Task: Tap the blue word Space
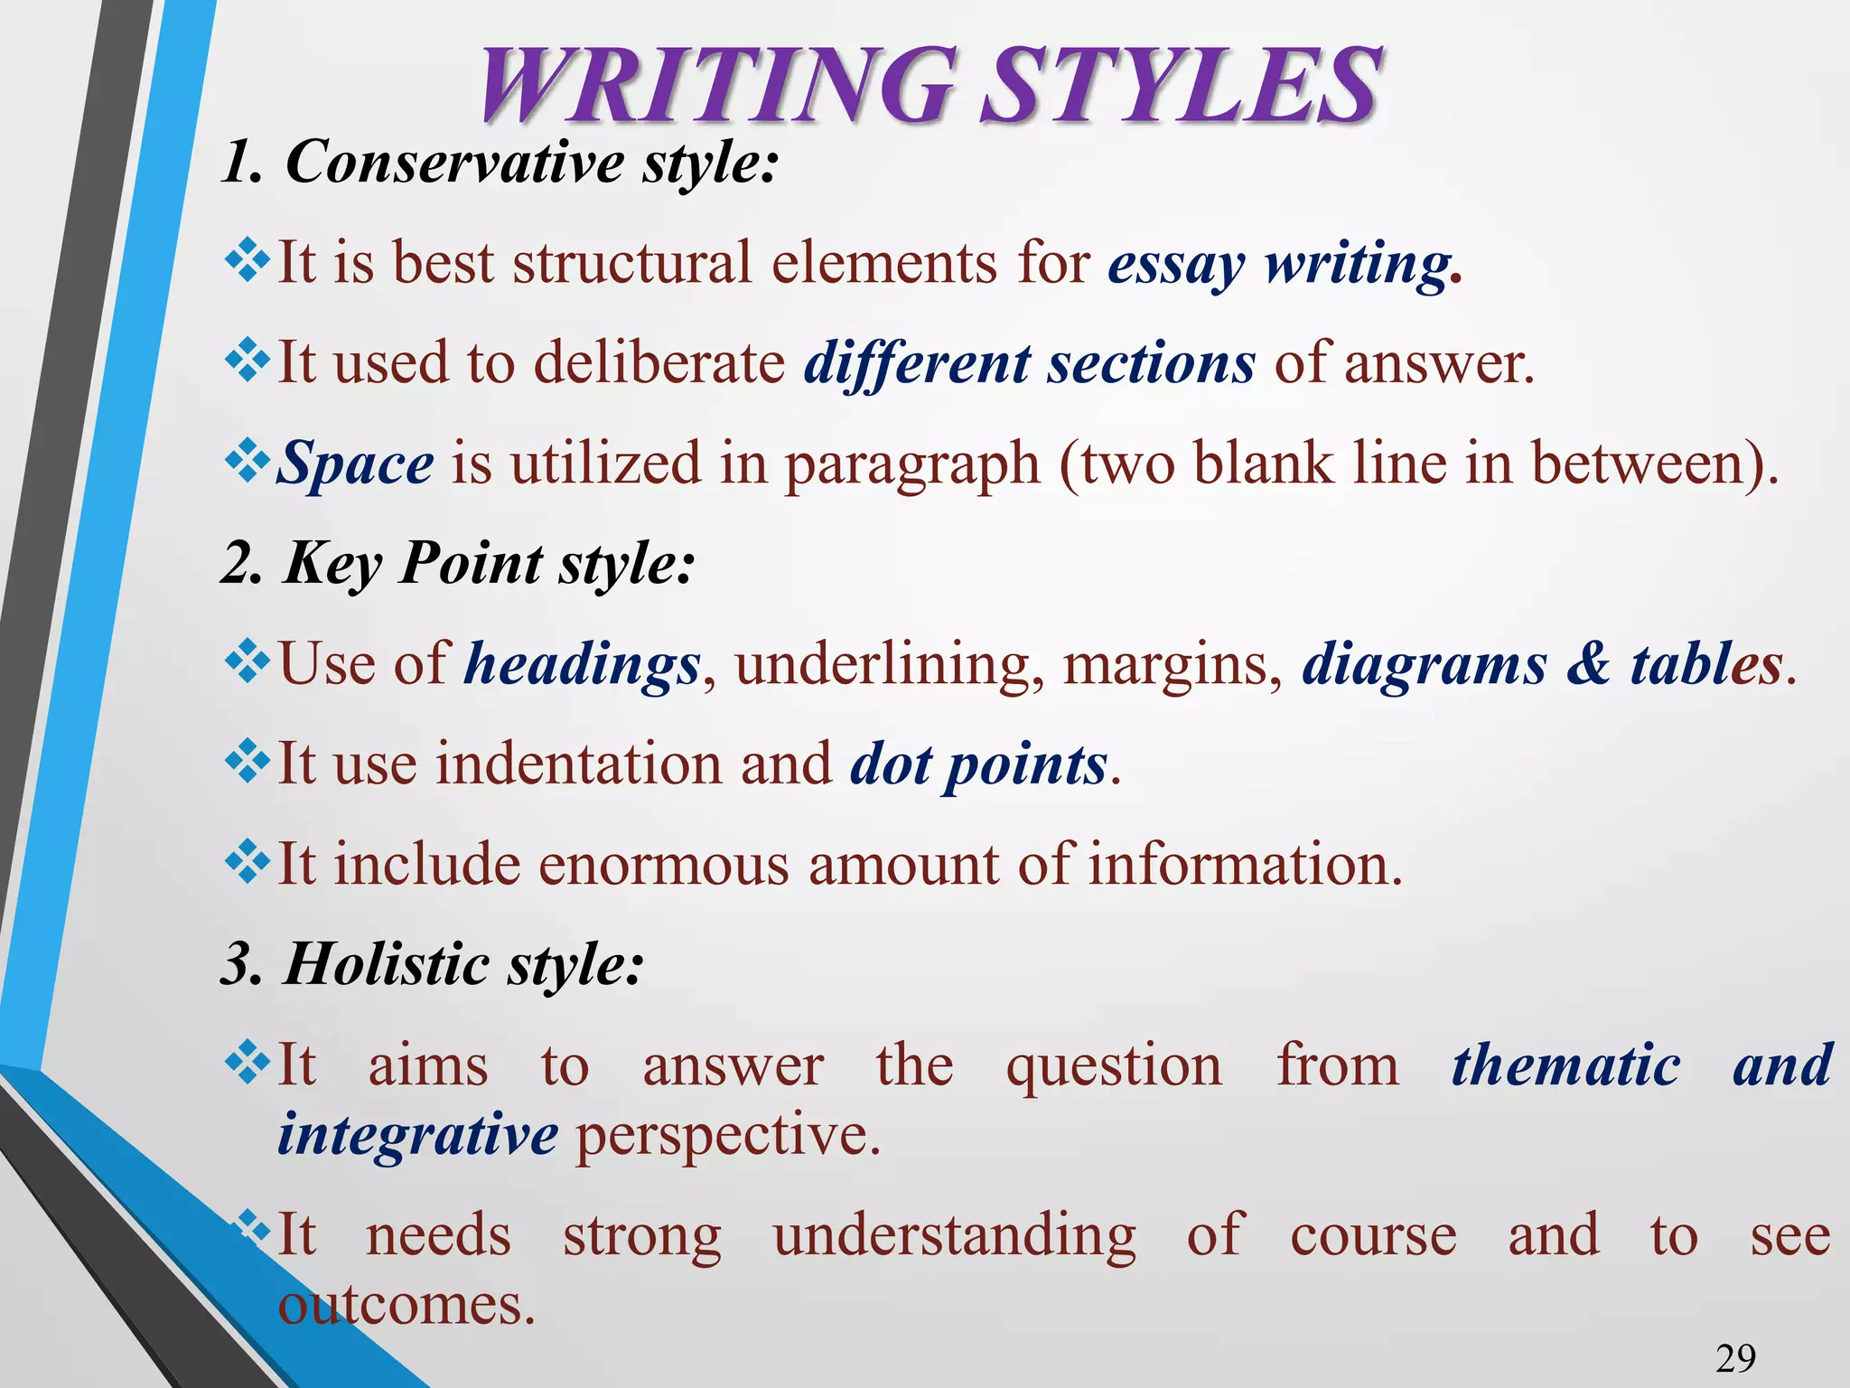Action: [x=355, y=464]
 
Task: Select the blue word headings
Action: [x=582, y=665]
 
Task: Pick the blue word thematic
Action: [x=1565, y=1064]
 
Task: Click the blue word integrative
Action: [x=417, y=1134]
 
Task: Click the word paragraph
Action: [x=912, y=464]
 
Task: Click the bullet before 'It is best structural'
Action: [x=247, y=262]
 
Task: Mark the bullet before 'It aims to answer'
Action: [x=247, y=1063]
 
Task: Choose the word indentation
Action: [x=579, y=764]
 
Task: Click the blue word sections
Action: [x=1151, y=363]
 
